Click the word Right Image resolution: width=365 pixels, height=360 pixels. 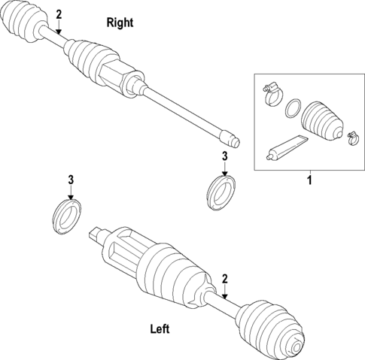pos(120,23)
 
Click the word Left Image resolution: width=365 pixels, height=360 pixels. pos(160,328)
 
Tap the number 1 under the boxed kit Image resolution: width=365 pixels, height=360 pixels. pos(308,180)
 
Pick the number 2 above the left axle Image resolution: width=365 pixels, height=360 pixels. pos(224,279)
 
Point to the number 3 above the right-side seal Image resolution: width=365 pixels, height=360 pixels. pos(224,156)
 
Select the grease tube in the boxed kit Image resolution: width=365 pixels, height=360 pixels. pos(287,147)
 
